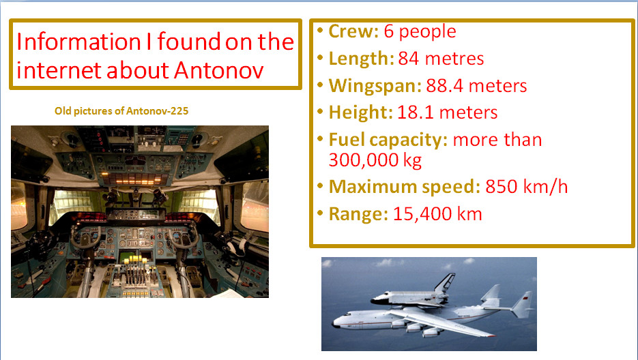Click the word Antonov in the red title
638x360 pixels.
coord(218,70)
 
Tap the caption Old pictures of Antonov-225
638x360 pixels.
coord(121,111)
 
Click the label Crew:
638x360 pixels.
coord(353,31)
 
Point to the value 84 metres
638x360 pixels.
coord(441,59)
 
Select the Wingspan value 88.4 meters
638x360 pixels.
coord(476,86)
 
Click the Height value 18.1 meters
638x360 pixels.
coord(447,112)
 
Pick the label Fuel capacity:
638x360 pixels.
coord(388,140)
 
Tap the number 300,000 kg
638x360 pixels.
coord(375,160)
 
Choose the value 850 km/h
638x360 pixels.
coord(527,187)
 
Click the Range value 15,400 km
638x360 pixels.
coord(437,214)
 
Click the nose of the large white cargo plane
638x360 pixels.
coord(335,324)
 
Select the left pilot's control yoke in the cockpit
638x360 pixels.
coord(85,238)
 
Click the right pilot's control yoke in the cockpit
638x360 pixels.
coord(184,237)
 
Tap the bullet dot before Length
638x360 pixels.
coord(320,57)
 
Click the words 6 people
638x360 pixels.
coord(420,31)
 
